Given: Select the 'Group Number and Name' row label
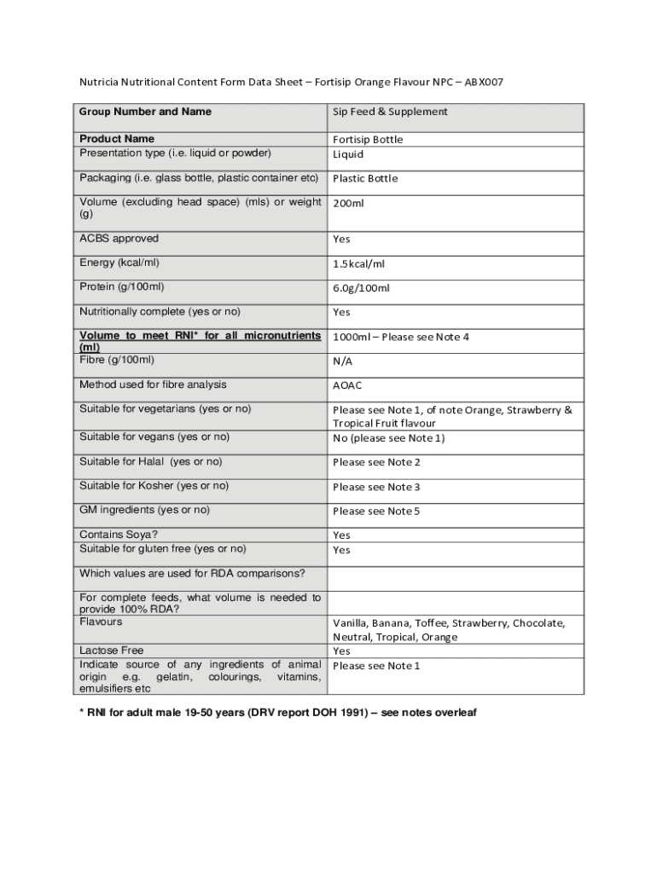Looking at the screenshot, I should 145,112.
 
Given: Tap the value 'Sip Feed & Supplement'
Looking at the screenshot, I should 390,112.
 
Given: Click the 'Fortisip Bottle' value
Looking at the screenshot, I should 368,139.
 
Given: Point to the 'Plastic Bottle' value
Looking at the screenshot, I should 365,178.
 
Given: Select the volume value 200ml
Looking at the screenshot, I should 348,203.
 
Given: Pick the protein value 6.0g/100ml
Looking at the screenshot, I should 361,287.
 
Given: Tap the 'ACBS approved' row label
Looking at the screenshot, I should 119,239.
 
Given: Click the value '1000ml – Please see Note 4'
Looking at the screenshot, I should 401,337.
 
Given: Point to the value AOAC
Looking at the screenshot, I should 347,385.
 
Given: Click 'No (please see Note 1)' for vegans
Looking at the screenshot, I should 388,438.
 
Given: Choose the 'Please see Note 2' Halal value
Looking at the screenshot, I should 376,462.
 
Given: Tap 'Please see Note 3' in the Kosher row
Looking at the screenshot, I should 376,487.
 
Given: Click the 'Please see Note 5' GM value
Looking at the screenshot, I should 376,511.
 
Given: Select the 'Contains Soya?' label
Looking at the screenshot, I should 119,535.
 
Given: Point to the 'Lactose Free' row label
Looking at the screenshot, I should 112,650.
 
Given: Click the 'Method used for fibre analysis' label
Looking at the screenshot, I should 153,384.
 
